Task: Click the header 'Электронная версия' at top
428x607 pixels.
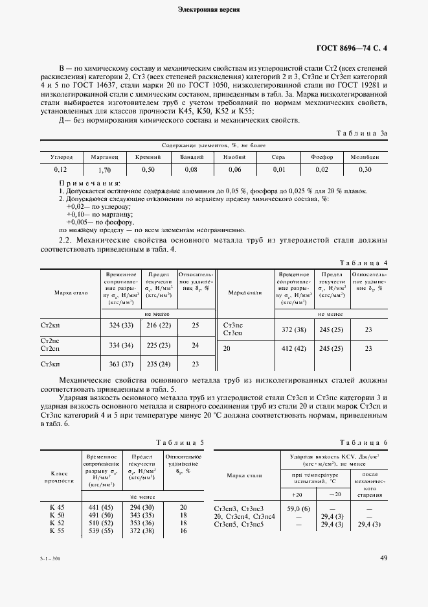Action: (x=214, y=10)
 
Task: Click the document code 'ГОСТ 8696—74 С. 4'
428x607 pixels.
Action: (x=352, y=47)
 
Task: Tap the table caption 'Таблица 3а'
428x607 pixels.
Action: (x=361, y=133)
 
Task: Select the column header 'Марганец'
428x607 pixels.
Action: (x=104, y=157)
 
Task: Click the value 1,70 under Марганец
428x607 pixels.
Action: (x=104, y=170)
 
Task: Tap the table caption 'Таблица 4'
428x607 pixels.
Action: (x=364, y=262)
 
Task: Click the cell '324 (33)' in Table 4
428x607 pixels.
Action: (x=121, y=324)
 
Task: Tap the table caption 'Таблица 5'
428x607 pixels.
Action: (x=179, y=442)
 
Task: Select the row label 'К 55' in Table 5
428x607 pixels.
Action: (x=58, y=530)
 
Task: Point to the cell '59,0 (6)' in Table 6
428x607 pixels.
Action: (x=298, y=508)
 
